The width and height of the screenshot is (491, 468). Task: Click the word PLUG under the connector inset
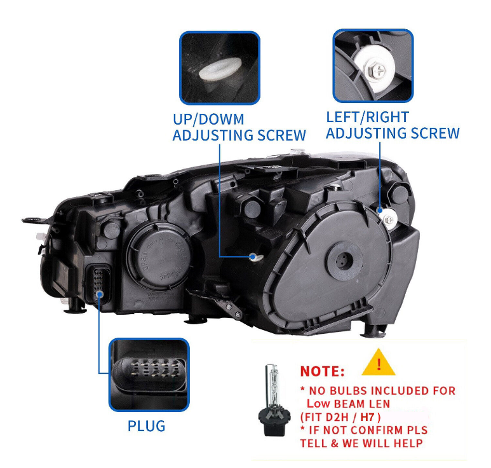click(x=146, y=426)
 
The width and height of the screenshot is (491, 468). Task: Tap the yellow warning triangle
click(x=379, y=363)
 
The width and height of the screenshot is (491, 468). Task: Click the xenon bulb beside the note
click(x=272, y=400)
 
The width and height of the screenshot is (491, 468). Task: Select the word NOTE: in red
click(x=322, y=371)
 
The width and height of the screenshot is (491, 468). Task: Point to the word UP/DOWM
click(x=208, y=120)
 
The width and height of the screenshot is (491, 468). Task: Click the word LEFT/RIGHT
click(x=368, y=117)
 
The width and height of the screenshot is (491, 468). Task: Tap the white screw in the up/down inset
click(x=219, y=69)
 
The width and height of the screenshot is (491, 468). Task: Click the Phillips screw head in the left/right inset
click(x=379, y=70)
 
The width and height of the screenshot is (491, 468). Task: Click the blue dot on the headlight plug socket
click(x=100, y=294)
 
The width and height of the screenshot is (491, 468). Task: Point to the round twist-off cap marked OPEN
click(x=159, y=256)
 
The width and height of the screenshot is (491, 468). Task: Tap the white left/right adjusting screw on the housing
click(x=389, y=220)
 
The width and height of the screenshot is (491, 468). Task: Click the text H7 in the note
click(x=367, y=417)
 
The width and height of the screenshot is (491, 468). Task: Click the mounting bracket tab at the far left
click(x=34, y=219)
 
